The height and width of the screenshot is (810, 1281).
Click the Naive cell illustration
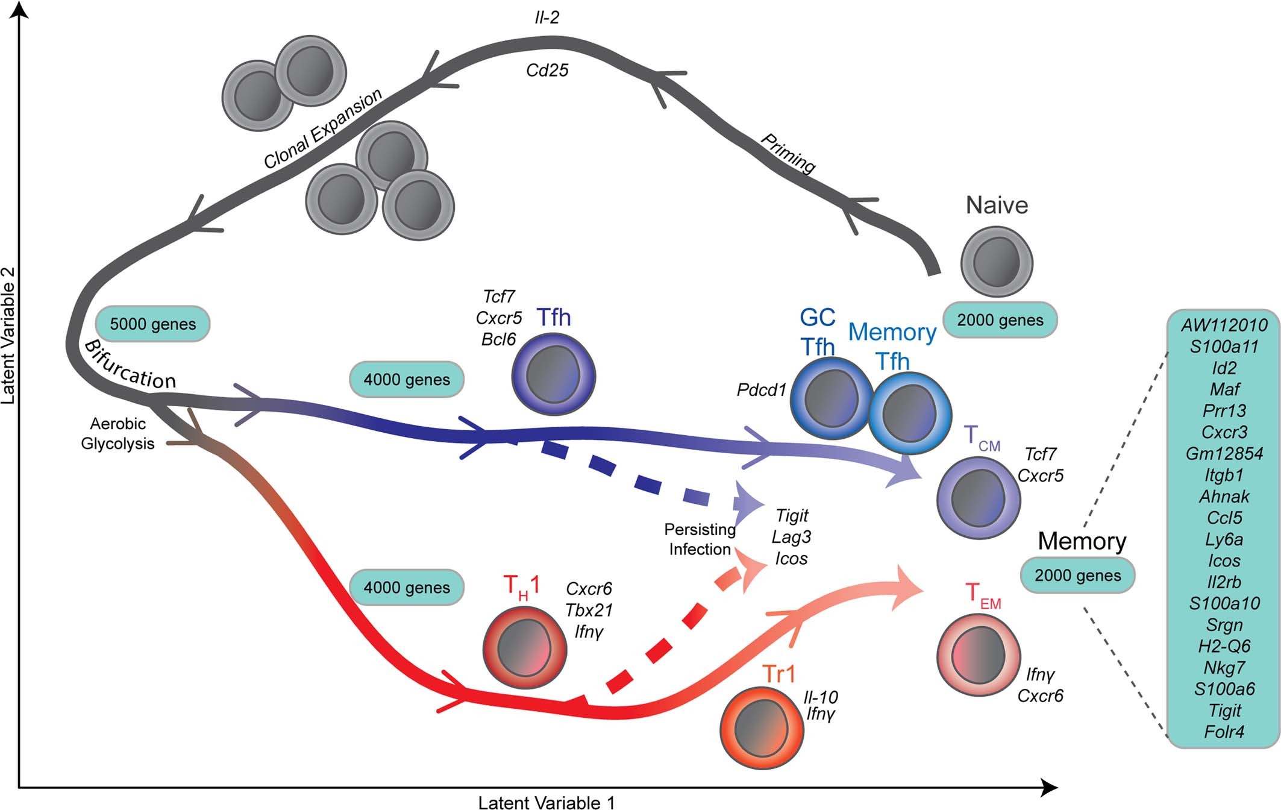tap(996, 262)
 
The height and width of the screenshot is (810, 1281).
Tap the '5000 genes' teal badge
tap(152, 324)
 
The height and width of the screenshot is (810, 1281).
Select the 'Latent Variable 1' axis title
tap(546, 802)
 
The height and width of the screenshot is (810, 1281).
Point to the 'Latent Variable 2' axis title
tap(8, 335)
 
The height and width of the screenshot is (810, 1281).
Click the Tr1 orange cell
tap(762, 728)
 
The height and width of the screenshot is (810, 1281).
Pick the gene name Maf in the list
tap(1224, 389)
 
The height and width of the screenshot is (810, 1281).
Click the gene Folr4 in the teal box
tap(1224, 732)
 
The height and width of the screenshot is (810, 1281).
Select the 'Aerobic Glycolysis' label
tap(117, 434)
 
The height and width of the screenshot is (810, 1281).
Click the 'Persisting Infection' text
tap(700, 539)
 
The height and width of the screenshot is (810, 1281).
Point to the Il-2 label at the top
tap(547, 18)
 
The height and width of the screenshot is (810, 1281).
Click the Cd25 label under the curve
tap(547, 71)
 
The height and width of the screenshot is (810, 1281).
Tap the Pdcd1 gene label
tap(762, 391)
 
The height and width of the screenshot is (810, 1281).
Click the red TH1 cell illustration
tap(525, 647)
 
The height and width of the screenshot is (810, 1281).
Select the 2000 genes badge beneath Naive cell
tap(1000, 320)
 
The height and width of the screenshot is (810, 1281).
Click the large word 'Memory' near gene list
tap(1082, 541)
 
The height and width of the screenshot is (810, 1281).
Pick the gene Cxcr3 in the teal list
tap(1224, 432)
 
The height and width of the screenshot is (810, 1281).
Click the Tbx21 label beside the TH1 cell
tap(589, 610)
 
